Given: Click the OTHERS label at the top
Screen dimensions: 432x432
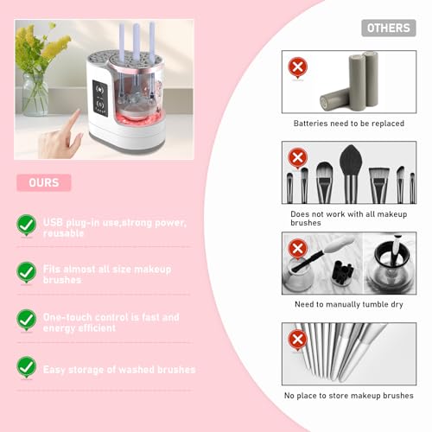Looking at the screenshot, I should click(x=388, y=28).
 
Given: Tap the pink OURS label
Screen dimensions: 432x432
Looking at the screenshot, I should click(x=43, y=182).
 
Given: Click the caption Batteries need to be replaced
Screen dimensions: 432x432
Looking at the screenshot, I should click(x=348, y=124).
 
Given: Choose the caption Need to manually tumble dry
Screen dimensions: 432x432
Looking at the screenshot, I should click(x=348, y=304).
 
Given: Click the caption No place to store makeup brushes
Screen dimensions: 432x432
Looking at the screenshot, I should click(x=348, y=396).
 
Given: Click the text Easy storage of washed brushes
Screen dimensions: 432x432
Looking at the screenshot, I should click(x=119, y=369).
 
